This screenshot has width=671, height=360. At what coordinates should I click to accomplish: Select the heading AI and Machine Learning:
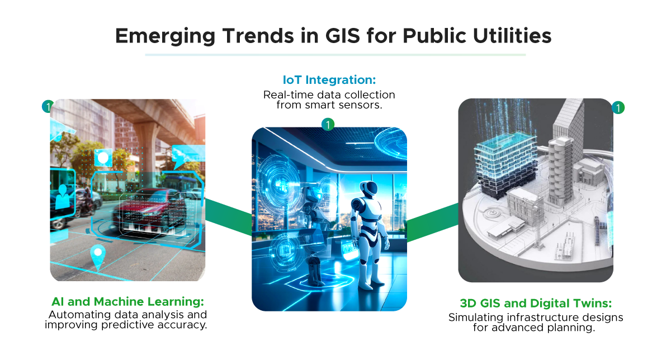(x=127, y=302)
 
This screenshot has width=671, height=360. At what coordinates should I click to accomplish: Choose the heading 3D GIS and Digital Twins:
(x=536, y=304)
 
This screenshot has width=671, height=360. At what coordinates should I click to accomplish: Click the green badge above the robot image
(x=328, y=125)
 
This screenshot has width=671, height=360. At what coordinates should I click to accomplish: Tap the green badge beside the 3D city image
(x=618, y=107)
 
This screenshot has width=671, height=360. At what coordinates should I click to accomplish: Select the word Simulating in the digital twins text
(x=471, y=318)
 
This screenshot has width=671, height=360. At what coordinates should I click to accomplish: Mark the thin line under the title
(x=335, y=55)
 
